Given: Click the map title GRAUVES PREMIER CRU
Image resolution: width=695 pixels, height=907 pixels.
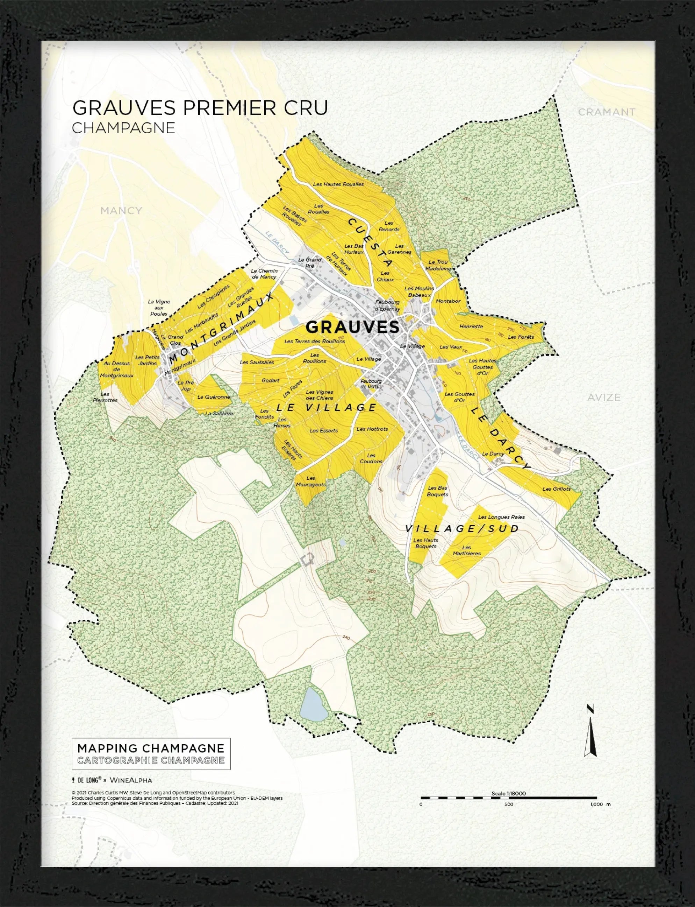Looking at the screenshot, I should [x=200, y=108].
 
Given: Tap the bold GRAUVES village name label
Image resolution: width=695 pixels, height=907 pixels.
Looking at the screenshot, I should [x=352, y=327].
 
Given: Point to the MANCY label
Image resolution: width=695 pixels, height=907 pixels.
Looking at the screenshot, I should [x=121, y=211].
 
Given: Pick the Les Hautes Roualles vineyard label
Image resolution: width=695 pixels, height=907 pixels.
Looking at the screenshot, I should [x=338, y=184].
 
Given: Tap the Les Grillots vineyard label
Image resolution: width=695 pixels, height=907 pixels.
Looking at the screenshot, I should [x=557, y=489].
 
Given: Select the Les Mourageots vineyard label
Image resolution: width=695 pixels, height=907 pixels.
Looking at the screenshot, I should [x=311, y=481].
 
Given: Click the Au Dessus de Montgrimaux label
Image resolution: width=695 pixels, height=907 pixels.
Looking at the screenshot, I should [x=116, y=369].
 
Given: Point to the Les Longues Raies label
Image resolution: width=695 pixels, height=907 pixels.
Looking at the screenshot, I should [x=501, y=517].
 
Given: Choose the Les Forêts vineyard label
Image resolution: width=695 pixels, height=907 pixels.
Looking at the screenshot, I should [x=521, y=337].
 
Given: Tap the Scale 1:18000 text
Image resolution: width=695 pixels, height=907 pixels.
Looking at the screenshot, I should [x=508, y=794].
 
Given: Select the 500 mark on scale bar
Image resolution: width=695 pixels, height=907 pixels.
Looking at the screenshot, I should [x=508, y=804].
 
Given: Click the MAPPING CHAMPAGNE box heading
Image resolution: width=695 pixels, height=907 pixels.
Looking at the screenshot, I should [x=151, y=748].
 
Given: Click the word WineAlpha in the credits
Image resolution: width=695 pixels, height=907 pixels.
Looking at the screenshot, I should [x=131, y=780].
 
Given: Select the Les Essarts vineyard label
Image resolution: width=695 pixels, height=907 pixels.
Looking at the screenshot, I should [x=323, y=430].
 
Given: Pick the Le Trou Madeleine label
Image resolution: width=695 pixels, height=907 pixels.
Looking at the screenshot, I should [x=438, y=265].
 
